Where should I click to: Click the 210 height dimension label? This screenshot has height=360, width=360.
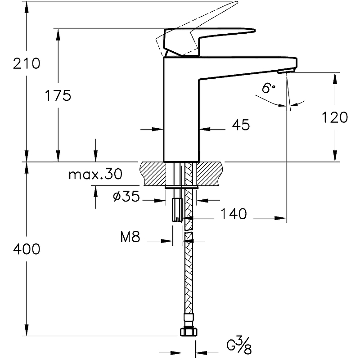click(27, 64)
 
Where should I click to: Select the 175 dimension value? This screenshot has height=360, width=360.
click(58, 95)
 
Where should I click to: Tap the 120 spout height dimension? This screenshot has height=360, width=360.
click(335, 117)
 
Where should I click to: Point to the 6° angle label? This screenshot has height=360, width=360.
click(268, 88)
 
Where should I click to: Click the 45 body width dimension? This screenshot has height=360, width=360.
click(241, 125)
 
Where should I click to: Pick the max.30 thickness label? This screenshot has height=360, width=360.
click(95, 174)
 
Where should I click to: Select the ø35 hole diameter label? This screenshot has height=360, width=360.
click(126, 197)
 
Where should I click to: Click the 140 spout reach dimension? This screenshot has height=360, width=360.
click(234, 214)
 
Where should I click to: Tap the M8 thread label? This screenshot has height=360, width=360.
click(130, 238)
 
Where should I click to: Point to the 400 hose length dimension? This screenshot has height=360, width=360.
click(27, 249)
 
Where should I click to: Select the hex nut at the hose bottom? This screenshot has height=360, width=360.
click(189, 333)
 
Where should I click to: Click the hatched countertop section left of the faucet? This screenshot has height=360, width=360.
click(153, 173)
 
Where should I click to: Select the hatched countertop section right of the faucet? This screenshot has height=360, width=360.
click(210, 173)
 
